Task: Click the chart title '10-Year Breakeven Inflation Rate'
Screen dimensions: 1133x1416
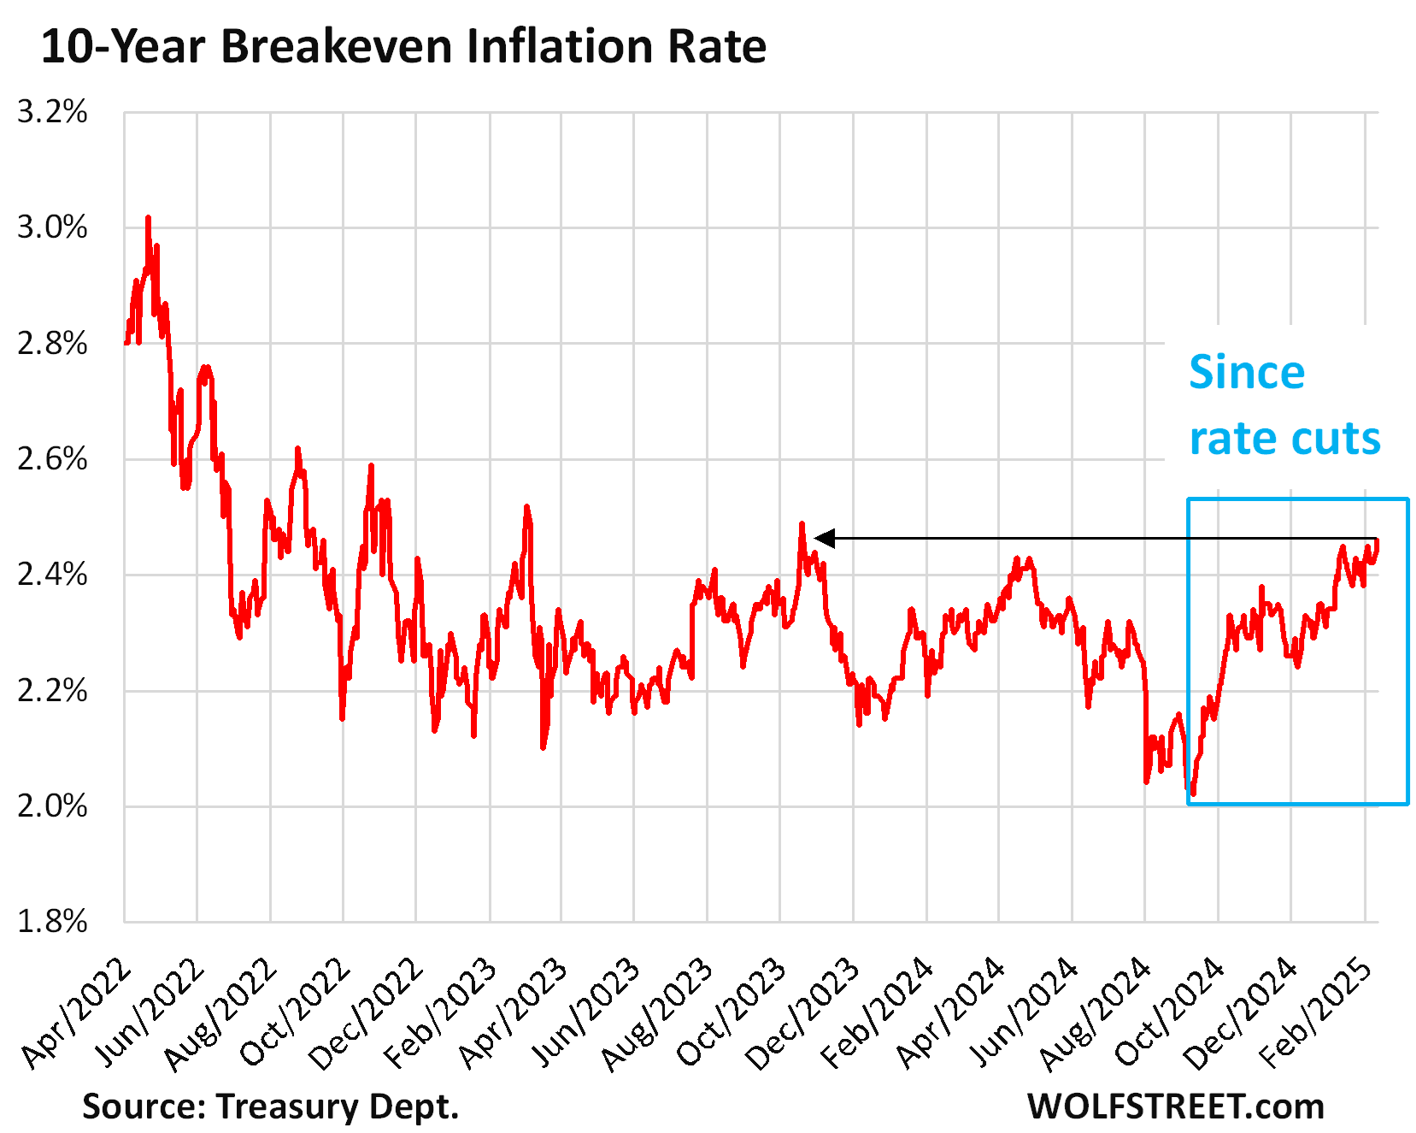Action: click(403, 46)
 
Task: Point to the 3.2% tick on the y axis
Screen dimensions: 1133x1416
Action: click(52, 112)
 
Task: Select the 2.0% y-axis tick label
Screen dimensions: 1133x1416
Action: click(52, 806)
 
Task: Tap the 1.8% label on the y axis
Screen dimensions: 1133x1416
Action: click(52, 922)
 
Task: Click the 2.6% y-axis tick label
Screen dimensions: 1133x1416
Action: click(52, 459)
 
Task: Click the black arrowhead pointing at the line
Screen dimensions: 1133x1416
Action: click(824, 539)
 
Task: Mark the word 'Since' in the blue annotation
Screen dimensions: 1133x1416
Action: click(1246, 373)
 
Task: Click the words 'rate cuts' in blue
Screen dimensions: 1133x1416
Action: click(1284, 439)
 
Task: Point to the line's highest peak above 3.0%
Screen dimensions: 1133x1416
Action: click(148, 218)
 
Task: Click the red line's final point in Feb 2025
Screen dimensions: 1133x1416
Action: click(1376, 540)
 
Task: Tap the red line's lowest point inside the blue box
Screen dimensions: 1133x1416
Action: click(1193, 794)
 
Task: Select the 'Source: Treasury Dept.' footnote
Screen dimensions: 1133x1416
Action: click(270, 1106)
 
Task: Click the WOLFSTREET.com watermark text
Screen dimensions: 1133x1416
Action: click(1175, 1106)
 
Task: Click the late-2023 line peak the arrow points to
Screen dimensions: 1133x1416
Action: click(802, 524)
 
